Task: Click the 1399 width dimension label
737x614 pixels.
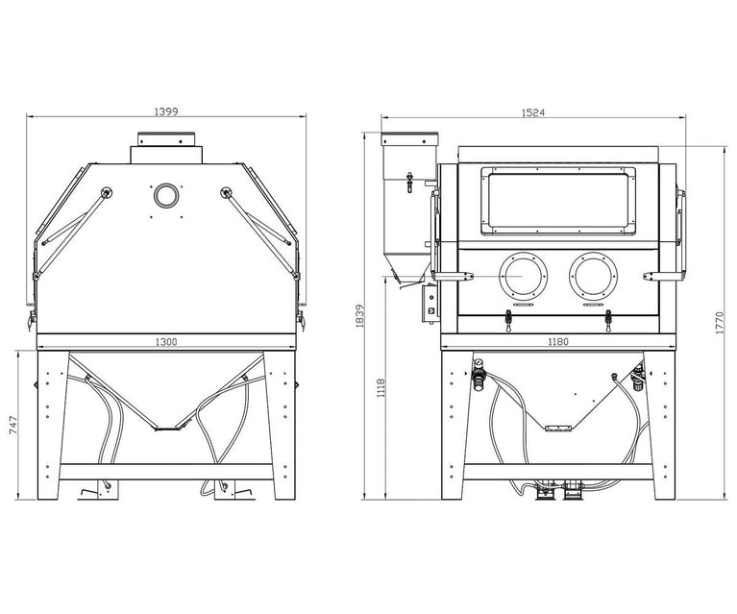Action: [x=166, y=111]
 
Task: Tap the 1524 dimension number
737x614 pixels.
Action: [x=533, y=112]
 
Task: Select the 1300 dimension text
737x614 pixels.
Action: [x=166, y=342]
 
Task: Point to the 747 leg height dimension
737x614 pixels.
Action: [x=12, y=425]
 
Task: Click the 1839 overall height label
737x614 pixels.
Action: [x=360, y=316]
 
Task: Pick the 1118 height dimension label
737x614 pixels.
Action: [x=381, y=388]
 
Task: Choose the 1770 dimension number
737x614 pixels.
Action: [x=720, y=323]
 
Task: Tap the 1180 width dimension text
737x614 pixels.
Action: [x=558, y=342]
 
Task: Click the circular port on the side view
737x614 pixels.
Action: [x=166, y=195]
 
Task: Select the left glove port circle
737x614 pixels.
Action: [x=523, y=277]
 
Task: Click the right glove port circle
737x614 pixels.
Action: [x=593, y=277]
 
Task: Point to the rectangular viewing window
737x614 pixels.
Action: [x=558, y=201]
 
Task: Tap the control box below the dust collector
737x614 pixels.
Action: [x=430, y=304]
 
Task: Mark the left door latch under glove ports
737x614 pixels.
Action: [x=508, y=321]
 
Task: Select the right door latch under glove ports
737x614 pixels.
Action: [x=608, y=321]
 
